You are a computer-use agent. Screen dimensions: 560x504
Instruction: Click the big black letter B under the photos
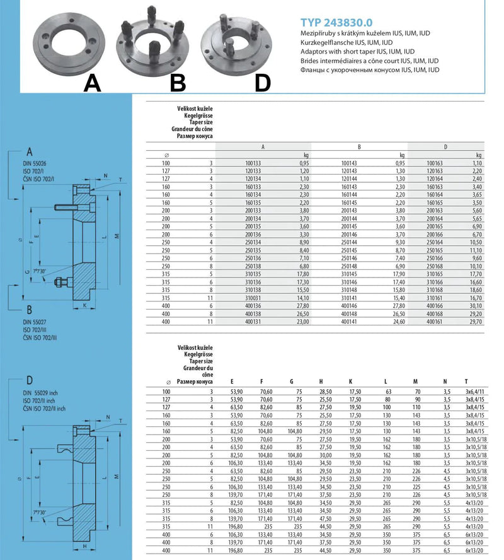coord(178,82)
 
